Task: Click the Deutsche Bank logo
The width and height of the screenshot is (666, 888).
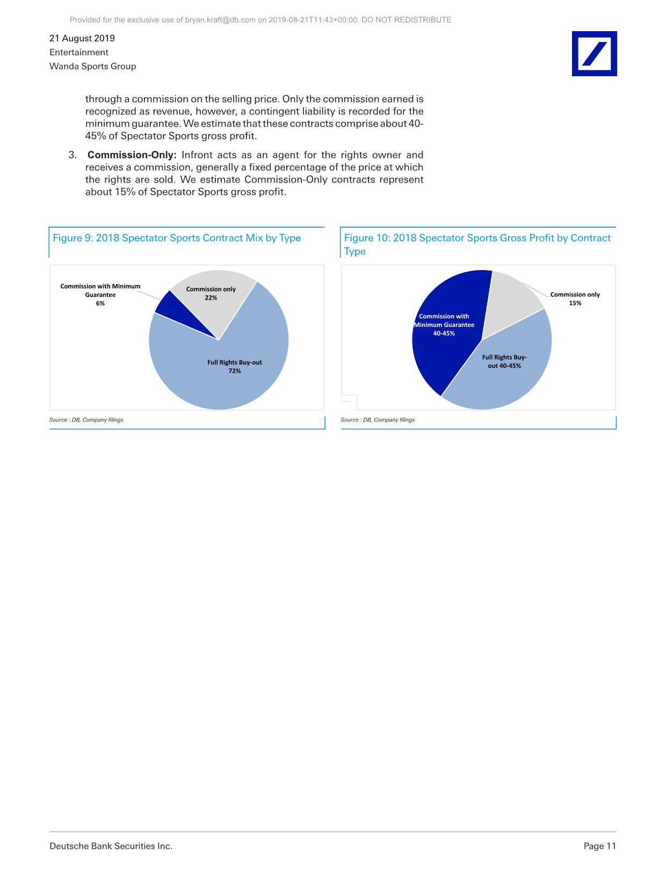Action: coord(594,54)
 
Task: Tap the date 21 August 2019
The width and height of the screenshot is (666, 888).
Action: coord(82,38)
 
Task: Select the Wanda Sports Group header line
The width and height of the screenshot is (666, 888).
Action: coord(92,66)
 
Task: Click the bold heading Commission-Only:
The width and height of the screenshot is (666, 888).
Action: coord(132,155)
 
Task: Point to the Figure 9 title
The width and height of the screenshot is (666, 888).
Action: coord(177,238)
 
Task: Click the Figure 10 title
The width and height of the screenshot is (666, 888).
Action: coord(477,244)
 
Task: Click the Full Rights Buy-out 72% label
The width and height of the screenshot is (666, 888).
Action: coord(235,367)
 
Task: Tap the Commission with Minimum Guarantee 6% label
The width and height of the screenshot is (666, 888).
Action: coord(100,295)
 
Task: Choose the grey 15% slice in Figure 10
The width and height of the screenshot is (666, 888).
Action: coord(510,301)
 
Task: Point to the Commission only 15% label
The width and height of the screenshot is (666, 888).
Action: coord(575,299)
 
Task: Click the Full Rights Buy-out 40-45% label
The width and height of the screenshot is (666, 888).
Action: coord(504,361)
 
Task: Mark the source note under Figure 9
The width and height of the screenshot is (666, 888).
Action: coord(86,420)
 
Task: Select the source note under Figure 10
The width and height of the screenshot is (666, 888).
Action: coord(378,420)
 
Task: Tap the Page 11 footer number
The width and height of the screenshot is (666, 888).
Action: coord(599,846)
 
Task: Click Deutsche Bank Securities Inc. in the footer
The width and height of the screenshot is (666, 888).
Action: coord(111,846)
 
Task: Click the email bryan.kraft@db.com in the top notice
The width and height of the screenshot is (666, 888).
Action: coord(220,20)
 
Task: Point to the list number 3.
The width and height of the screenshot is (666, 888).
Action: coord(73,155)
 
